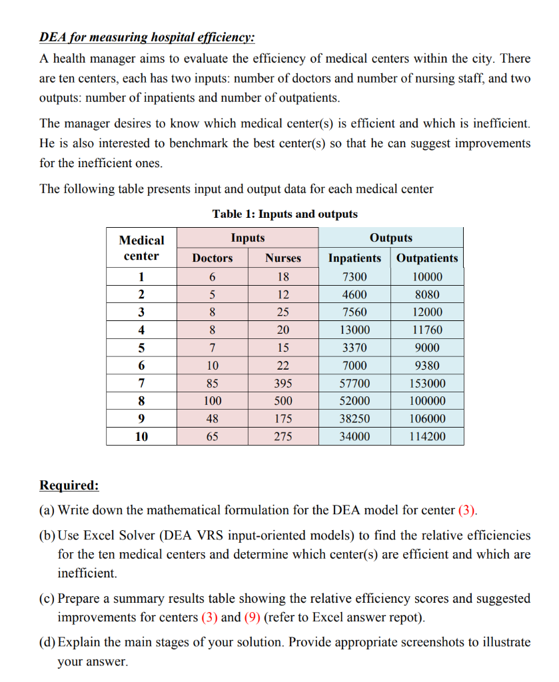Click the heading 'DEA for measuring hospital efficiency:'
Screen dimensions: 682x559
click(147, 37)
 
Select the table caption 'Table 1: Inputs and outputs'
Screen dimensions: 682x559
click(284, 214)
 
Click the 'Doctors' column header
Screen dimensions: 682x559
click(213, 258)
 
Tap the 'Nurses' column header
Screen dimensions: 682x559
click(283, 258)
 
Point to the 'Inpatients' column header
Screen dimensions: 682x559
click(355, 258)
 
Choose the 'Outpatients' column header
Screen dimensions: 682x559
click(427, 258)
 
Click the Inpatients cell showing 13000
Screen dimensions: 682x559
click(355, 330)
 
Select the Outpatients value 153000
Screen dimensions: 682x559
click(427, 384)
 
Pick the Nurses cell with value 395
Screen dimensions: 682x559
click(283, 384)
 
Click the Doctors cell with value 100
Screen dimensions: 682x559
click(213, 401)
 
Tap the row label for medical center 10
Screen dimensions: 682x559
click(142, 437)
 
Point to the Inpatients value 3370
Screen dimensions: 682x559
click(355, 348)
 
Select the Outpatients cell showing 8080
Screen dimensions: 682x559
click(427, 294)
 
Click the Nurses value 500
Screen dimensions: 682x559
click(283, 401)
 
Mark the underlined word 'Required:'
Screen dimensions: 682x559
click(69, 484)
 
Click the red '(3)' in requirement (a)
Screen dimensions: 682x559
click(468, 511)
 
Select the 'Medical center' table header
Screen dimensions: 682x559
click(142, 248)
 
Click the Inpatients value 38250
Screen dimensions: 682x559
click(355, 419)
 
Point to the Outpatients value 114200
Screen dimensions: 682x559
click(427, 437)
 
